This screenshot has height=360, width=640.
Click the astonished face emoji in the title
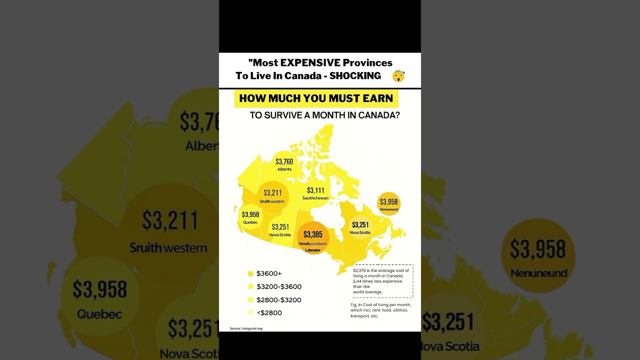coord(398,76)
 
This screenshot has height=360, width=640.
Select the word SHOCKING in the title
coord(355,76)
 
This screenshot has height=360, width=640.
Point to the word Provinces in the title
coord(367,62)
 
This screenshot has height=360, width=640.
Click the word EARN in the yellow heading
coord(379,98)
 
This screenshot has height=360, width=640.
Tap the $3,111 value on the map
coord(315,190)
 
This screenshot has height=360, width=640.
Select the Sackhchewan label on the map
coord(315,198)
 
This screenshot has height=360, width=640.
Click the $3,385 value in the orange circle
coord(313,234)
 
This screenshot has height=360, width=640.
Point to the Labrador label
coord(312,250)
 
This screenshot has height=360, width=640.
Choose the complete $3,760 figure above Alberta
coord(284,161)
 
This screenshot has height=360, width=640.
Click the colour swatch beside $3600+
coord(250,273)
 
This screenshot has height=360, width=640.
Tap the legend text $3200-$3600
coord(278,287)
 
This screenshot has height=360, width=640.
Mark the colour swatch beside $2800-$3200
coord(250,300)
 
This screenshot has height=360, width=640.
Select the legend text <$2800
coord(269,313)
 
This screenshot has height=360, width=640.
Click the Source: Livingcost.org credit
coord(246,328)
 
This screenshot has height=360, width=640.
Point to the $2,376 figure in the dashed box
coord(359,270)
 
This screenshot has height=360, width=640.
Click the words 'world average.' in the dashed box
coord(367,292)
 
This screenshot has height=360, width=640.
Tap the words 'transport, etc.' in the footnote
coord(364,316)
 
